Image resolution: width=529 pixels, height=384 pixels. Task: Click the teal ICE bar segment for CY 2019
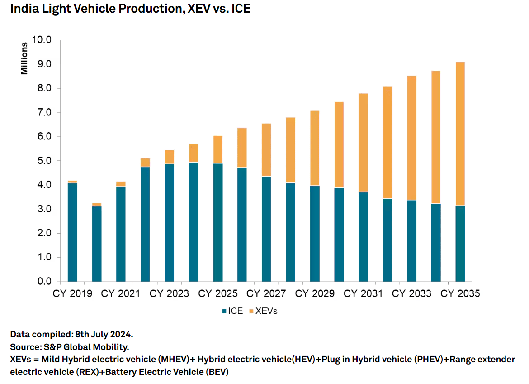click(x=72, y=232)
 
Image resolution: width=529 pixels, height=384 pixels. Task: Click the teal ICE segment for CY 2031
click(x=363, y=237)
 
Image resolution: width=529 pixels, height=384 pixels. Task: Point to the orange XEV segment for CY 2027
click(x=266, y=150)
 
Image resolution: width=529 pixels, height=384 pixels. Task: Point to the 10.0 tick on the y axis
click(x=42, y=40)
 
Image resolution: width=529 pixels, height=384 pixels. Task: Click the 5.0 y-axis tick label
click(x=42, y=161)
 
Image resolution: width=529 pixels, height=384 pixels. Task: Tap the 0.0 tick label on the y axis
click(x=42, y=282)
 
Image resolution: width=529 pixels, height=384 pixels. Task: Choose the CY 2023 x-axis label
click(x=169, y=294)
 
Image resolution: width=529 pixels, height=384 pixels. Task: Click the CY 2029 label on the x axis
click(x=315, y=294)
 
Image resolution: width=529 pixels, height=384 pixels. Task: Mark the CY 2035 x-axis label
click(x=460, y=294)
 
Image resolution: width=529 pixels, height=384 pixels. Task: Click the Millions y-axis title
click(x=25, y=58)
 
